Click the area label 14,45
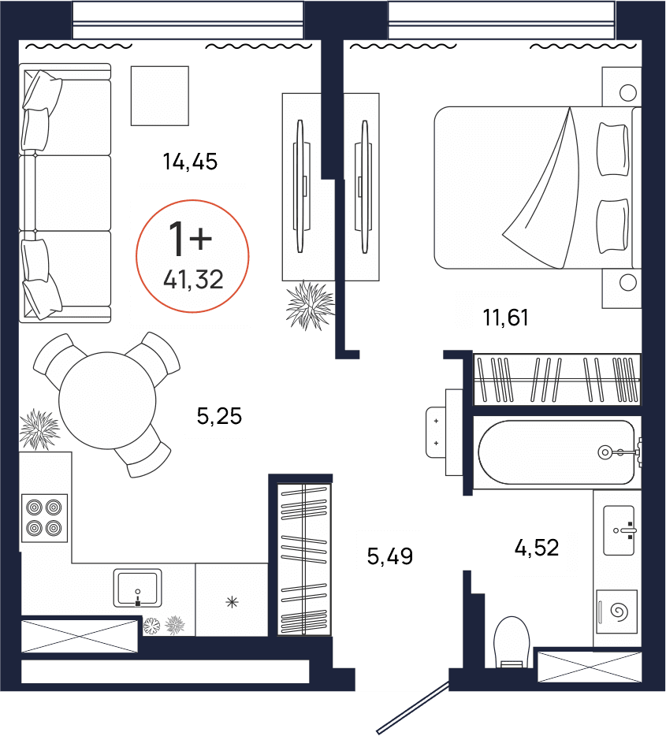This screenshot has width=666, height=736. pos(189,162)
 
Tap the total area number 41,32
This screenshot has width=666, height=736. pos(193,278)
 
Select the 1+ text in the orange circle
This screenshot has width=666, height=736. pos(190,238)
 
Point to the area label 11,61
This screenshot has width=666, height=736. pos(505,318)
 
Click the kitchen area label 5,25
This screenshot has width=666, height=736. pos(218,415)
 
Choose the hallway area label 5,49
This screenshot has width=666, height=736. pos(390,557)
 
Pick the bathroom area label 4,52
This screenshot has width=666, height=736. pos(537,547)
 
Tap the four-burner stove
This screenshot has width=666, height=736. pos(44,518)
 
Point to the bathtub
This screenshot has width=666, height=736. pos(556,452)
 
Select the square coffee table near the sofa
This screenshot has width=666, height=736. pos(160,95)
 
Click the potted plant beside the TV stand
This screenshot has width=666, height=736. pos(309,305)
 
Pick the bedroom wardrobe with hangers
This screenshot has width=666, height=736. pos(556,380)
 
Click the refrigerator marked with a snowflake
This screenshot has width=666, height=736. pos(232,602)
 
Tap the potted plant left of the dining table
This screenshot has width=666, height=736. pos(39,429)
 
